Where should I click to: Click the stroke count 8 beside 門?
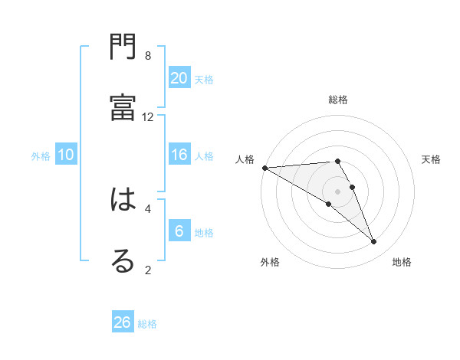point(148,56)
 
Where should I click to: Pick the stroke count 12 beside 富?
point(148,116)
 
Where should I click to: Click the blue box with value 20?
point(179,77)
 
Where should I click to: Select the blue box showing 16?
point(179,155)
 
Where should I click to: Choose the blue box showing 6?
point(179,231)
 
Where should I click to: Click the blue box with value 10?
point(66,155)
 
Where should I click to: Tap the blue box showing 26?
point(123,322)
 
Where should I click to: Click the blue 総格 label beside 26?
point(147,324)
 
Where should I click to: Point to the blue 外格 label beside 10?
point(41,156)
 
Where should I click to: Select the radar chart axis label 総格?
point(338,100)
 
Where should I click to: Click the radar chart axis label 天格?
point(432,159)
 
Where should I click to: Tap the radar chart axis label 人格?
point(245,159)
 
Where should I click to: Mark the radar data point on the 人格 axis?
point(264,168)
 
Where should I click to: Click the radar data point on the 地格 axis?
point(374,242)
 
